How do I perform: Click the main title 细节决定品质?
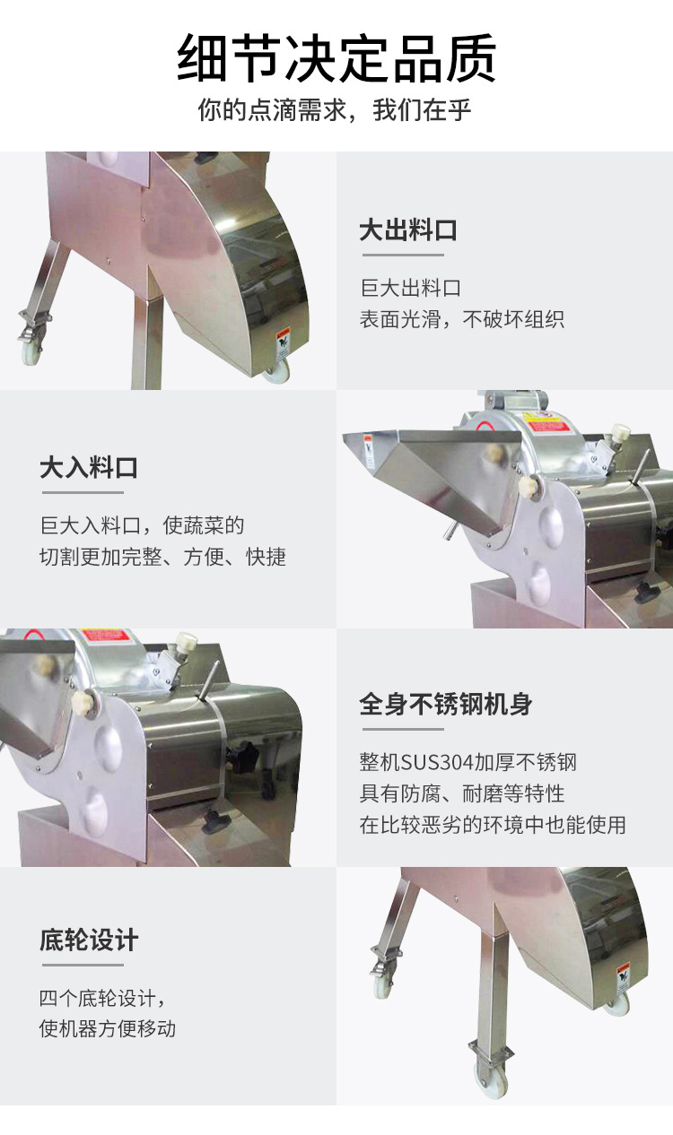336,57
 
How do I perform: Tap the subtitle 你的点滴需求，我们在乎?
335,110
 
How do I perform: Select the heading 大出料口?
408,230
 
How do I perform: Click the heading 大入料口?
89,467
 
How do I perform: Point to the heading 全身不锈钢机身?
446,705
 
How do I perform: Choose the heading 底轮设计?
89,940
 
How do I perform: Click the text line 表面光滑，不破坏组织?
461,319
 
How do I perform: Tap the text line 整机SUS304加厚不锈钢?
468,761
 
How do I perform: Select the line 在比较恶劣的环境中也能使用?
493,825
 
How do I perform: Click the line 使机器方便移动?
108,1028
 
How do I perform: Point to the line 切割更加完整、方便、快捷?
162,557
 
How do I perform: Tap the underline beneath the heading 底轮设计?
83,966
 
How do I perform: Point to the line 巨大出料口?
410,288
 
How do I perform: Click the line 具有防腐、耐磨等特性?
461,793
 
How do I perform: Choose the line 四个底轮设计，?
103,998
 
